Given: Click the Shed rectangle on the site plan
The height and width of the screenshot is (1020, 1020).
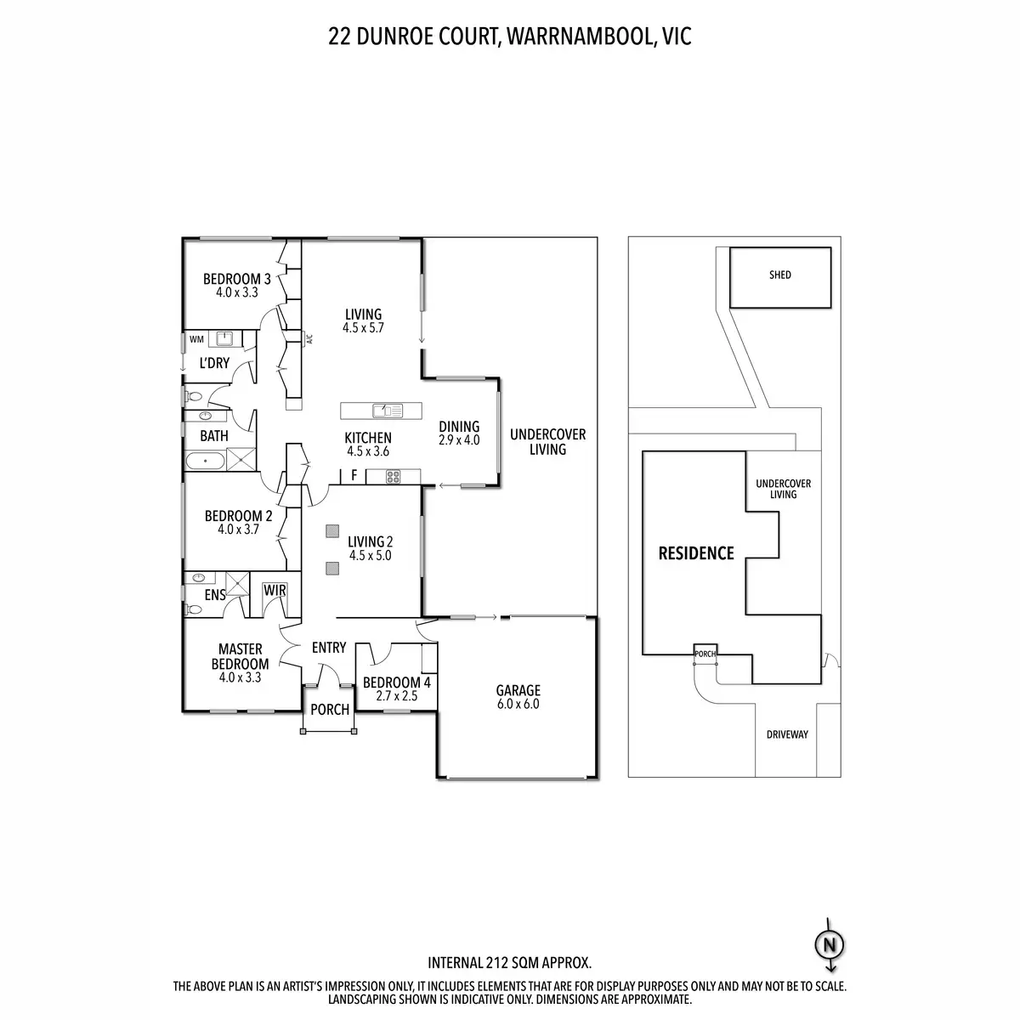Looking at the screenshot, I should click(779, 277).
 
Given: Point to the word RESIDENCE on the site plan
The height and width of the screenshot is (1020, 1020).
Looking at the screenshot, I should click(696, 554).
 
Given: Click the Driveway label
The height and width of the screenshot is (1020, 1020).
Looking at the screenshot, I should click(786, 734).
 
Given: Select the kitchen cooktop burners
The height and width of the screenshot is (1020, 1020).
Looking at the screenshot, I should click(394, 477).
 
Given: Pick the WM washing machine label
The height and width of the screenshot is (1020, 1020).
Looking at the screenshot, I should click(196, 340).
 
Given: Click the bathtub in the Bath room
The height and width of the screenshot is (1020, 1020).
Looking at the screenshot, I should click(205, 461).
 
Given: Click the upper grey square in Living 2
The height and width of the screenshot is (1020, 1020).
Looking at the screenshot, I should click(331, 532).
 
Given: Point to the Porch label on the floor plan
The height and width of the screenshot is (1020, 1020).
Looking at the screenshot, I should click(329, 710).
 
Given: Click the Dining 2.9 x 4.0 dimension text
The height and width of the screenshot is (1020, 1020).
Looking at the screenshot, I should click(459, 440).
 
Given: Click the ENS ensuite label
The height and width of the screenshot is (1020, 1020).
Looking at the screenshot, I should click(215, 595).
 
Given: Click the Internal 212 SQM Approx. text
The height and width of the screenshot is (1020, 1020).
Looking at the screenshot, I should click(509, 963).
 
